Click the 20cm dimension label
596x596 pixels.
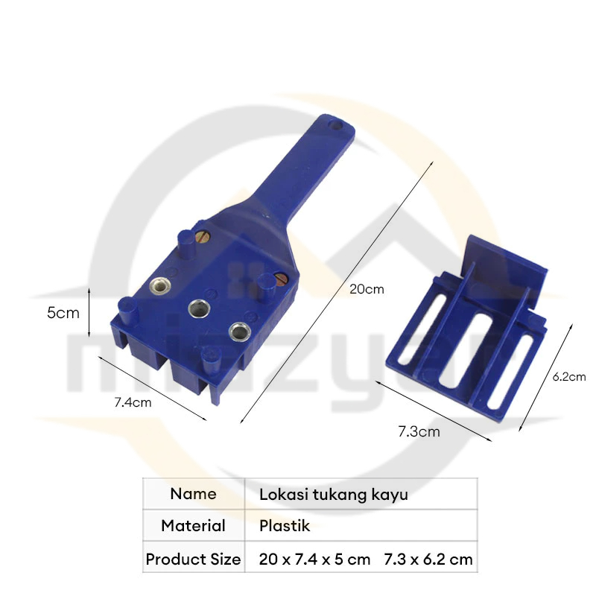(367, 289)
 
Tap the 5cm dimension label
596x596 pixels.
(63, 313)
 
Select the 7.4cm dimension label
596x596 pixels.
(133, 402)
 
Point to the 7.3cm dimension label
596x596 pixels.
(419, 432)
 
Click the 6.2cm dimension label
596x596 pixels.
(568, 377)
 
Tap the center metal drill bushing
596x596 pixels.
(199, 308)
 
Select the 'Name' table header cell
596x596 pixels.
(194, 494)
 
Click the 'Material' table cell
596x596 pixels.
(194, 526)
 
